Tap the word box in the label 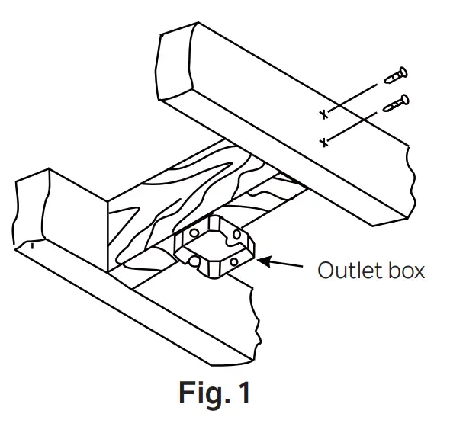point(405,270)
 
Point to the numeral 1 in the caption point(243,393)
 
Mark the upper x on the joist point(323,114)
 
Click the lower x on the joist point(323,142)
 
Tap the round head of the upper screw point(403,73)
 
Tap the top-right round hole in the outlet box point(236,233)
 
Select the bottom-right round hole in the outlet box point(235,261)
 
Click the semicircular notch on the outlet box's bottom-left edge point(195,261)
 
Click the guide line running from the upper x point(351,99)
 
